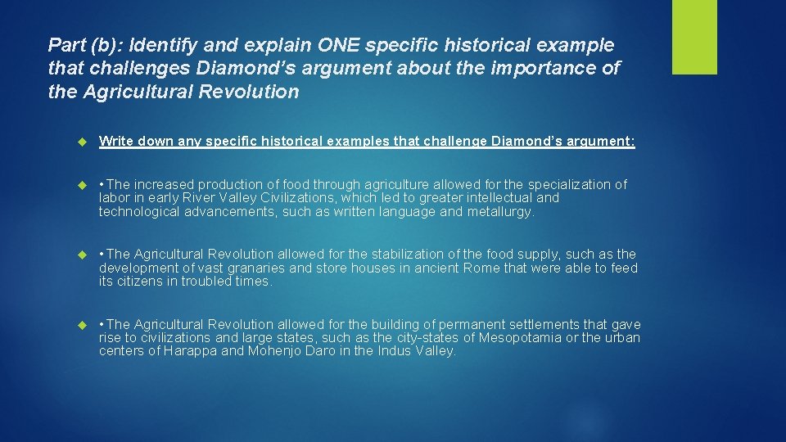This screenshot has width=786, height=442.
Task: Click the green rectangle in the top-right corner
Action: (694, 37)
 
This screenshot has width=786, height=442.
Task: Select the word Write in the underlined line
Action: (117, 142)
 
